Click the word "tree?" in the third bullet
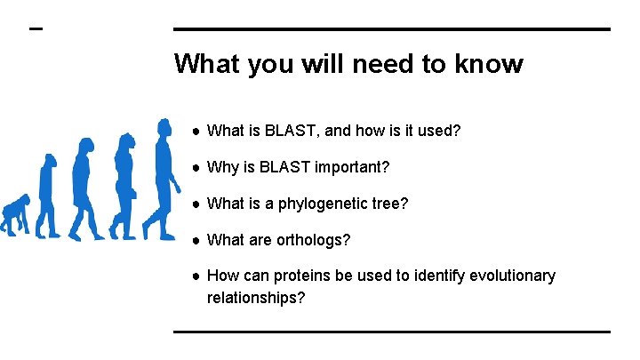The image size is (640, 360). pos(389,204)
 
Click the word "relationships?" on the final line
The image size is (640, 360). pos(256,298)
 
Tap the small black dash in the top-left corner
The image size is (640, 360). pos(36,29)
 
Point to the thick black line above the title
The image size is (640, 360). pos(391,29)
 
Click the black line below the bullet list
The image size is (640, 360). pos(391,332)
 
